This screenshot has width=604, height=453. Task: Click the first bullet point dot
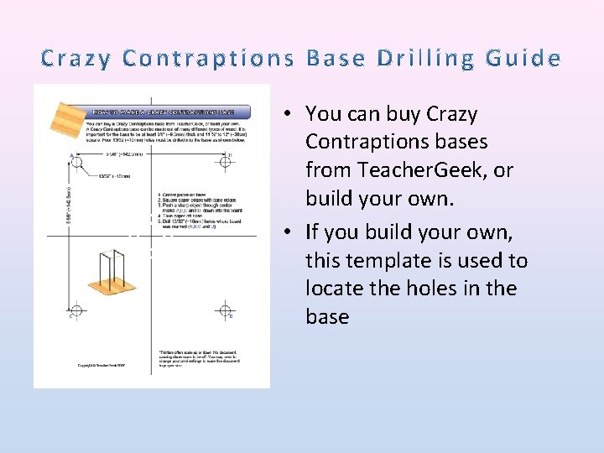point(287,114)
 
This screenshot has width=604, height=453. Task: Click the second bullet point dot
point(287,232)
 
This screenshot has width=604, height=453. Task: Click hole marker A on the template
point(77,162)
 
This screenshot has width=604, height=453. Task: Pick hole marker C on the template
point(77,310)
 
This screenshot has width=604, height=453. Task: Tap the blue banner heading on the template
point(164,112)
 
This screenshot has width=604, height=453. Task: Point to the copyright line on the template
point(101,365)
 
